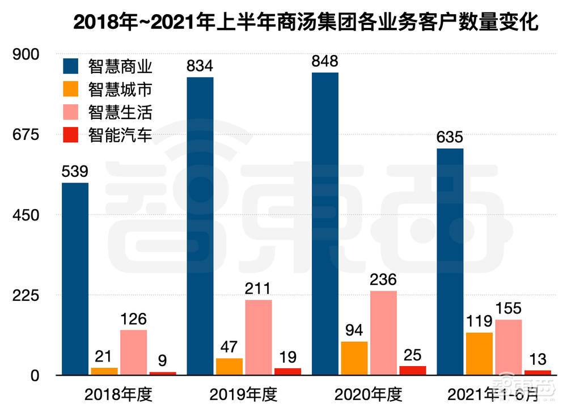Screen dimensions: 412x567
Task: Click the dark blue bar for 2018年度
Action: click(x=75, y=279)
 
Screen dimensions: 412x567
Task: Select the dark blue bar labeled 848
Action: click(x=325, y=224)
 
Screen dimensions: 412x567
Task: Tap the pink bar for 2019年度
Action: click(x=259, y=337)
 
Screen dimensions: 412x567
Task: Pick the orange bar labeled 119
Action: click(x=479, y=354)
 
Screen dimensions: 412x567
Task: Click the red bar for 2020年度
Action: click(x=413, y=370)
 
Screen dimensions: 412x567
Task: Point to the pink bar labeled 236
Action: click(x=383, y=333)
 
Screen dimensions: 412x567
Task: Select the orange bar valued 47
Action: click(x=229, y=366)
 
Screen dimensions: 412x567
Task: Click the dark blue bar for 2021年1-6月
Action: click(x=450, y=261)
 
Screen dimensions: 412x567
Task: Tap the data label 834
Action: click(x=200, y=66)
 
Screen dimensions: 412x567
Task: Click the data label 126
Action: click(x=133, y=319)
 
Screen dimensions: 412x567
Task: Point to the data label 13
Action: click(x=538, y=359)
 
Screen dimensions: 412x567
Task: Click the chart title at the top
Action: click(x=306, y=23)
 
